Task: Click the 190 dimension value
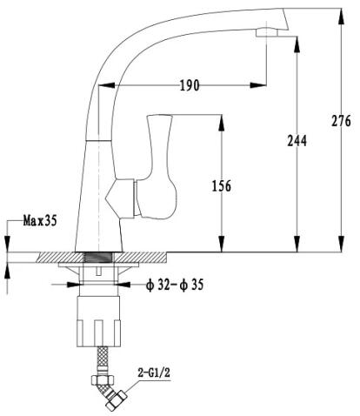click(x=190, y=85)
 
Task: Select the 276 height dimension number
click(x=341, y=121)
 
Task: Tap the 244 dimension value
click(x=297, y=141)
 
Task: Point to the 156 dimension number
click(x=222, y=186)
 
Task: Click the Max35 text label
click(x=40, y=221)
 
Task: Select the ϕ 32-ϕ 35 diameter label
click(x=175, y=285)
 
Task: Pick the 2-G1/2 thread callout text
click(x=154, y=373)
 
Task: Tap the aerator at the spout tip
click(x=267, y=32)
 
